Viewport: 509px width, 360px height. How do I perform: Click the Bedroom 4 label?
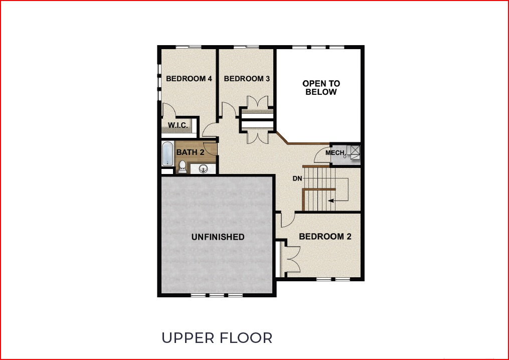(189, 79)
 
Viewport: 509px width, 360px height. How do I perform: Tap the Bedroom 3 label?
(247, 79)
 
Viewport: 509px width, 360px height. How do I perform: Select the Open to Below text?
(321, 88)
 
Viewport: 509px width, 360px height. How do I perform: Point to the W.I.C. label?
(178, 125)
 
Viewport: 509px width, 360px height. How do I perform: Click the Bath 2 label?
(190, 151)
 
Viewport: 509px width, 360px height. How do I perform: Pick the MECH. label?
(335, 153)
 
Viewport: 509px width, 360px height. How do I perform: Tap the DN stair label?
(297, 178)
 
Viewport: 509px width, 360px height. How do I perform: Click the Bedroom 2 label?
(325, 237)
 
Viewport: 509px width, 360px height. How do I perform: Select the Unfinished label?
(218, 237)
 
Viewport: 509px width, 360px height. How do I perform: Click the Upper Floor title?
(217, 337)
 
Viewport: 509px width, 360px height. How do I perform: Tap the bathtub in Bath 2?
(167, 153)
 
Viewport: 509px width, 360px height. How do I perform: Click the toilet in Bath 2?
(183, 166)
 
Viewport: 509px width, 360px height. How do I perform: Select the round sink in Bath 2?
(204, 168)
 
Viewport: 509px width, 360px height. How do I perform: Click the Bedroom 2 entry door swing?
(287, 220)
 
